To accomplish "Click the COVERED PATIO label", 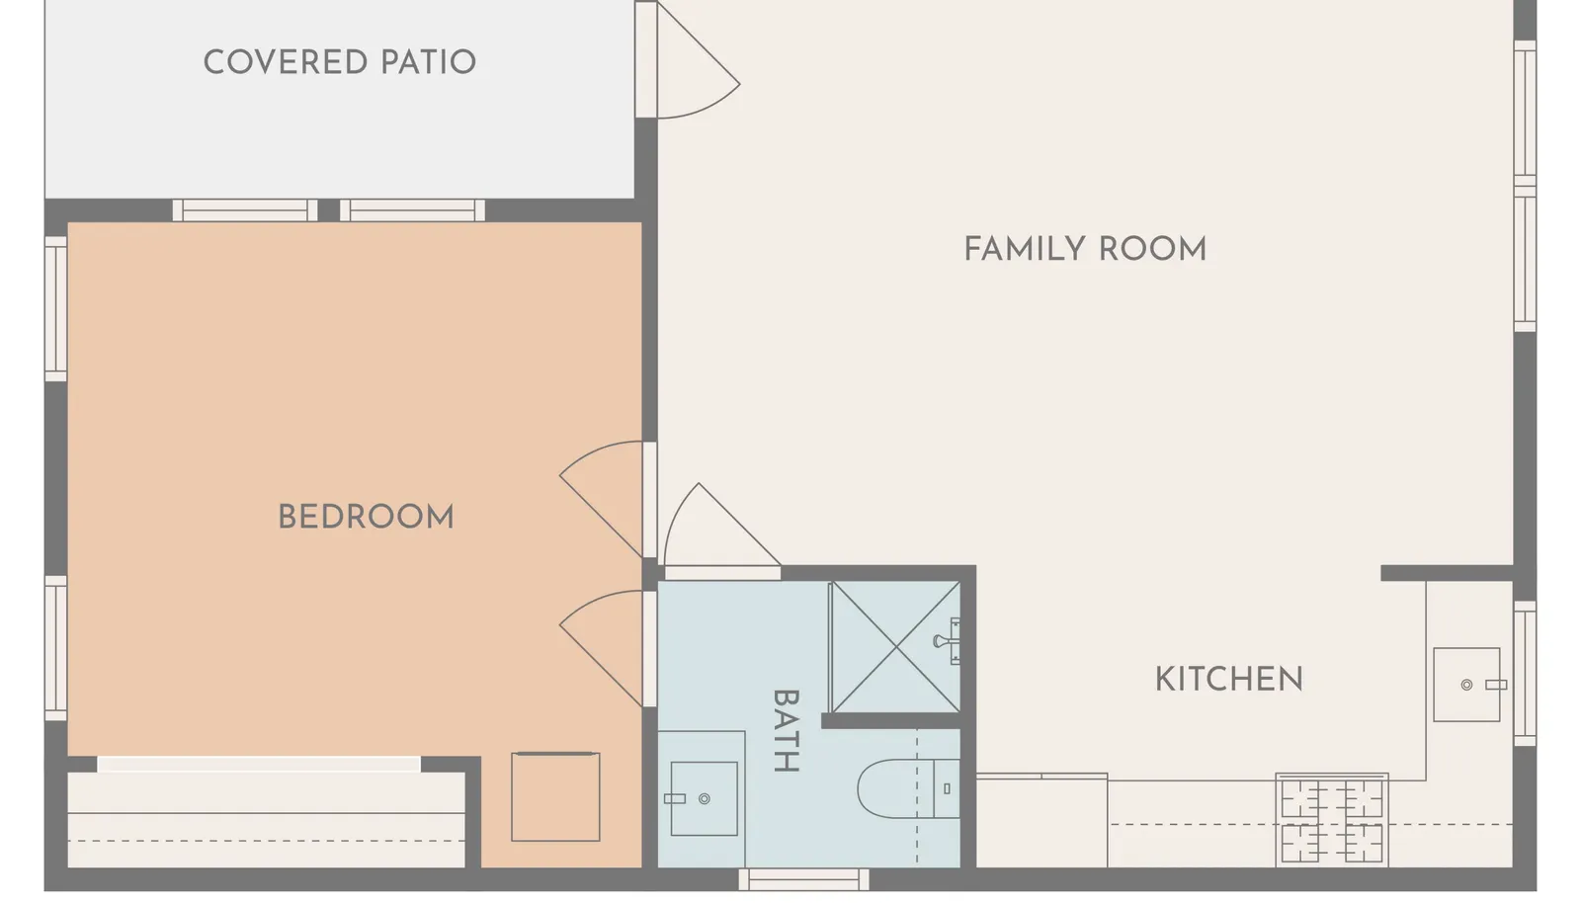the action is click(x=340, y=62).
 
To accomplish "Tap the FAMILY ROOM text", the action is click(x=1085, y=249).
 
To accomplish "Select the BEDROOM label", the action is click(x=366, y=517).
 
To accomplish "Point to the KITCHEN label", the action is click(x=1229, y=680).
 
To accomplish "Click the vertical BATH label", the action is click(x=786, y=731).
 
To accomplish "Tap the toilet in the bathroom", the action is click(x=908, y=788).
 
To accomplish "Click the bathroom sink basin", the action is click(x=704, y=798).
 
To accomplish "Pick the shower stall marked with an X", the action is click(x=894, y=647).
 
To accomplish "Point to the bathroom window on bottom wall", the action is click(x=804, y=879).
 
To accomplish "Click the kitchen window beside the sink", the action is click(x=1526, y=673).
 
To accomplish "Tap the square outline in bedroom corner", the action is click(x=555, y=796).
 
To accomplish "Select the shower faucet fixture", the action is click(x=947, y=641).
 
